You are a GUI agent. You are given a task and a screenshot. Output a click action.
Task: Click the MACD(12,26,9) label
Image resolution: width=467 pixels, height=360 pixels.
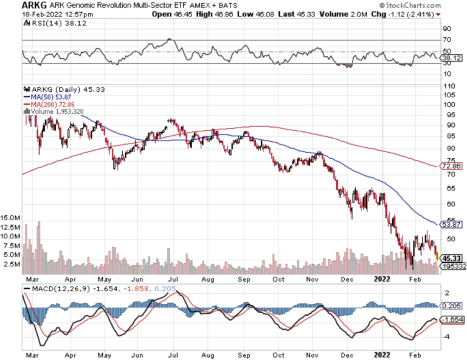[x=58, y=288]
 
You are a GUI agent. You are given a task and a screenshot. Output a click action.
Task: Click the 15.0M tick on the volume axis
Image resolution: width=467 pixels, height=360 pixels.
[x=12, y=216]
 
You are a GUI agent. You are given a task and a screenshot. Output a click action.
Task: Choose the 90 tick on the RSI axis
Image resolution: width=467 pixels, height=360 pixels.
[x=447, y=29]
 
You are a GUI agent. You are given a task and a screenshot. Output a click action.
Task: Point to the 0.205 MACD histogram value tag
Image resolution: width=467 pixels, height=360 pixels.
[x=451, y=306]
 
